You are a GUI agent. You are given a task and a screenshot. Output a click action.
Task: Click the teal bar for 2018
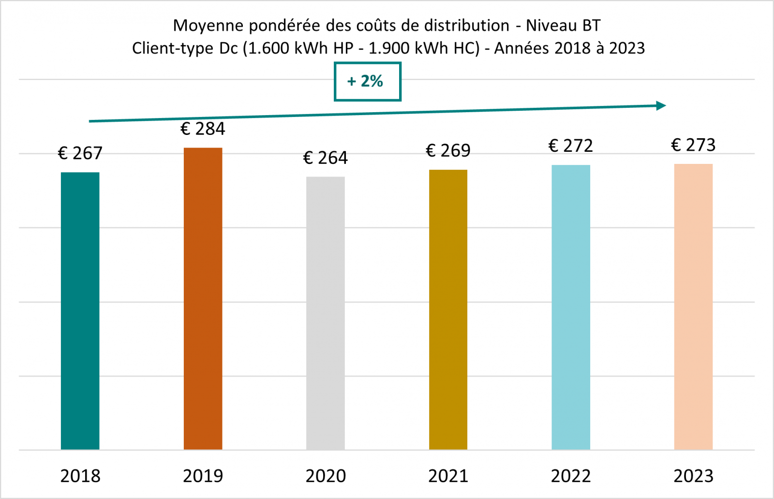pyautogui.click(x=80, y=311)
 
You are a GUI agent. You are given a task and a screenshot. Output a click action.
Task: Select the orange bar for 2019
pyautogui.click(x=203, y=299)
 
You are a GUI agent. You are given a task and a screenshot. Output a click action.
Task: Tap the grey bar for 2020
pyautogui.click(x=326, y=313)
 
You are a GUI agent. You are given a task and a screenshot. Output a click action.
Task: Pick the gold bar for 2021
pyautogui.click(x=448, y=309)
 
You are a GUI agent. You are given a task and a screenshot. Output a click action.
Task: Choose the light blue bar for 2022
pyautogui.click(x=571, y=308)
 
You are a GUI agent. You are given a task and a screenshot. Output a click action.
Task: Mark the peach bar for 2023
pyautogui.click(x=693, y=307)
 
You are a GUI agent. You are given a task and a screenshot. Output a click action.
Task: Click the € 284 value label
pyautogui.click(x=203, y=129)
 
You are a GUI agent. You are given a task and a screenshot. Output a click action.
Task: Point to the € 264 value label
pyautogui.click(x=326, y=158)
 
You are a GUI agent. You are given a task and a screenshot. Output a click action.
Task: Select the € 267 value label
pyautogui.click(x=80, y=153)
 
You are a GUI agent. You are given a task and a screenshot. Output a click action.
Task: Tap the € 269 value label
pyautogui.click(x=448, y=150)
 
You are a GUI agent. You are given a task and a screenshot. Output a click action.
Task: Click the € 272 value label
pyautogui.click(x=571, y=146)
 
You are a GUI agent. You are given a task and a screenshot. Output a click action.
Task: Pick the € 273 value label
pyautogui.click(x=693, y=145)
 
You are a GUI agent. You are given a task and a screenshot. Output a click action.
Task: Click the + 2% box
pyautogui.click(x=367, y=81)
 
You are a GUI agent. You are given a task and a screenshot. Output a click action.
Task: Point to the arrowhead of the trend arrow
pyautogui.click(x=661, y=105)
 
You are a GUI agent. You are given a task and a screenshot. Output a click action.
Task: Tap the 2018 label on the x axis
pyautogui.click(x=80, y=476)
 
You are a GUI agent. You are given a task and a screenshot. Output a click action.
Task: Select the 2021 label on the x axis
pyautogui.click(x=448, y=476)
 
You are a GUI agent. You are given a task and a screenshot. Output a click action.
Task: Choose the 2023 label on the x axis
pyautogui.click(x=693, y=476)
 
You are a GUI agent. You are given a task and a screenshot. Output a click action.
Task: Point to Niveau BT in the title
pyautogui.click(x=563, y=25)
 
